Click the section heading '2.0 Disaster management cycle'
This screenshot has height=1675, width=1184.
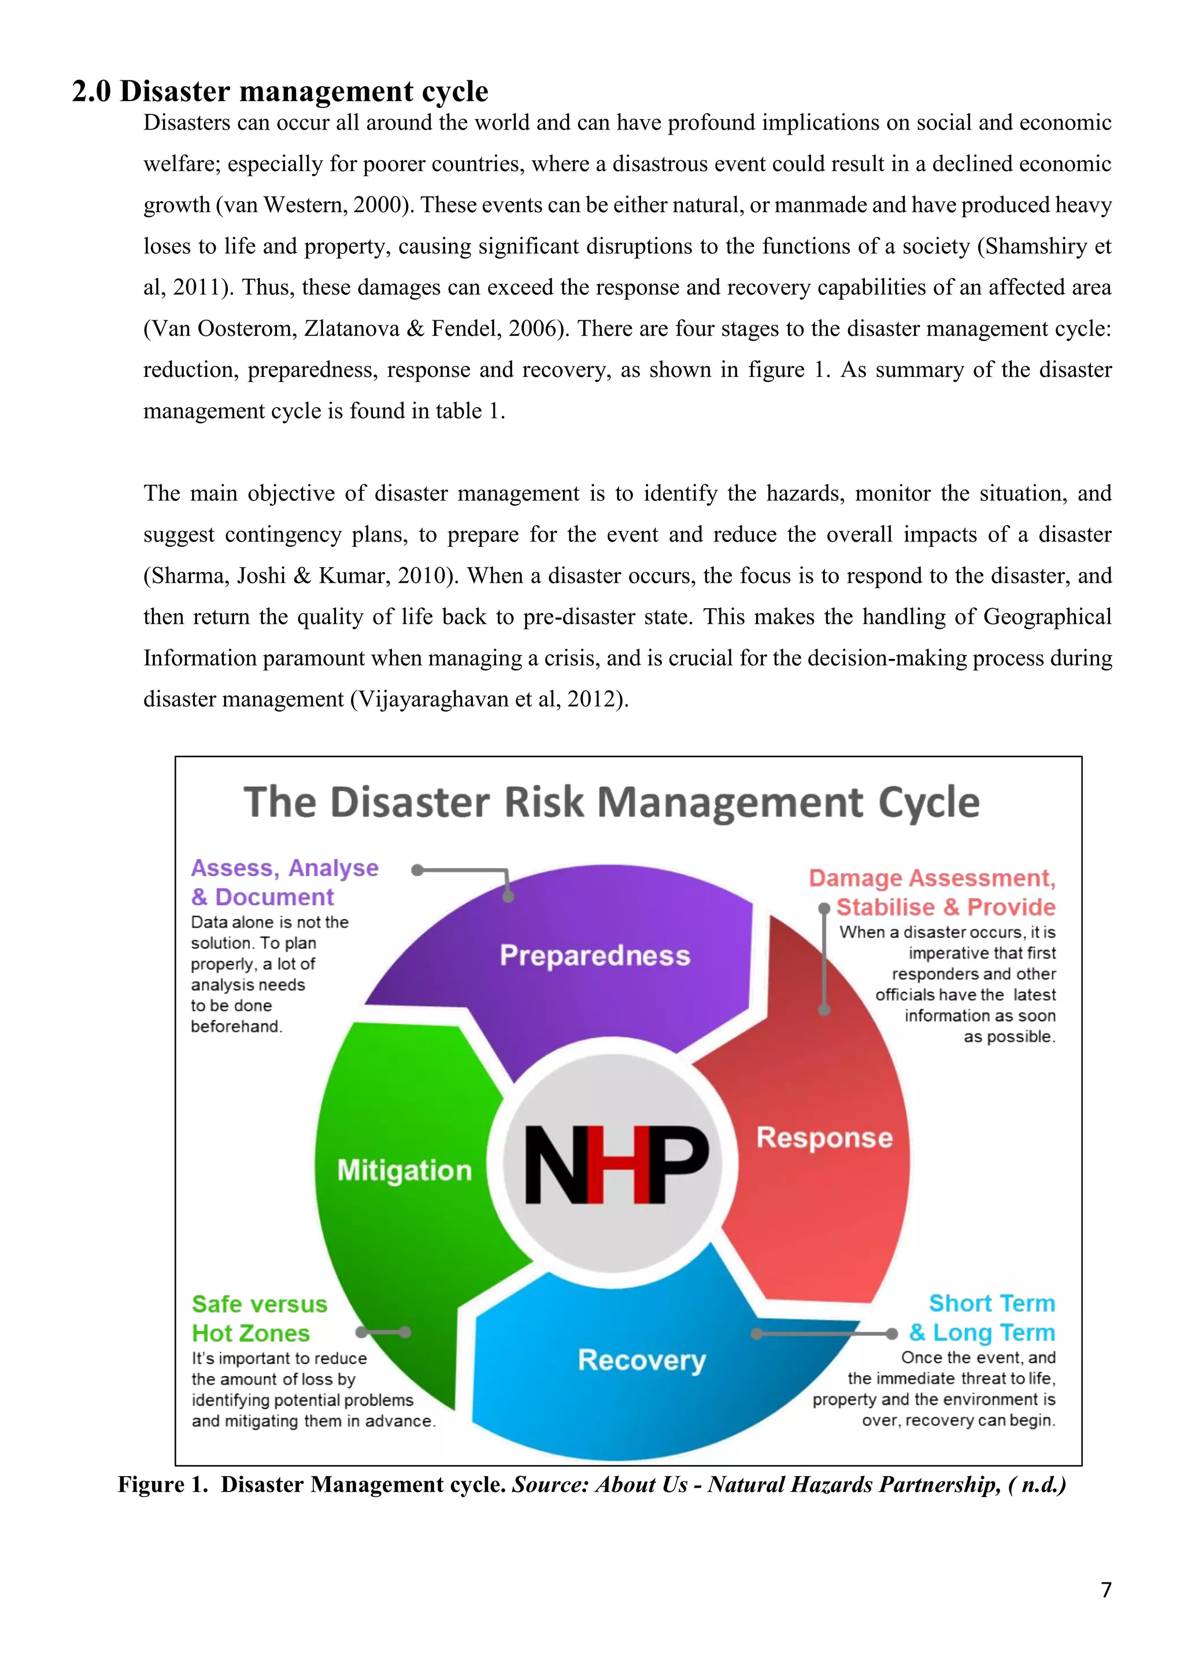pyautogui.click(x=280, y=92)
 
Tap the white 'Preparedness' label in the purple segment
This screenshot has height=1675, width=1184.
pyautogui.click(x=594, y=955)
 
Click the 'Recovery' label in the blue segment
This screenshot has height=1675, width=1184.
pyautogui.click(x=642, y=1360)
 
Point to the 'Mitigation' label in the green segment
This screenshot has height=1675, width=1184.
pyautogui.click(x=404, y=1170)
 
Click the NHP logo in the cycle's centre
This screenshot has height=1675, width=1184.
pyautogui.click(x=616, y=1163)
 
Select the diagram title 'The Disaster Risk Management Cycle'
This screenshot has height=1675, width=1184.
pyautogui.click(x=611, y=802)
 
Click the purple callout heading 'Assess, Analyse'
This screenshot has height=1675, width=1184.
pyautogui.click(x=284, y=868)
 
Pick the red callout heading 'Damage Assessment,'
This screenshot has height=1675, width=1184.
pyautogui.click(x=931, y=877)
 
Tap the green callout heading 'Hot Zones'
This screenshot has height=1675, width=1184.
pyautogui.click(x=251, y=1333)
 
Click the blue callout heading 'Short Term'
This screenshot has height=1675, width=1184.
pyautogui.click(x=991, y=1303)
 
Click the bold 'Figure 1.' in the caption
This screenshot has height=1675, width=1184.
pyautogui.click(x=164, y=1485)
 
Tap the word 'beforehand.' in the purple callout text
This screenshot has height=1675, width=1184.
pyautogui.click(x=236, y=1027)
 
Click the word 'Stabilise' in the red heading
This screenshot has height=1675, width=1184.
pyautogui.click(x=885, y=907)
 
